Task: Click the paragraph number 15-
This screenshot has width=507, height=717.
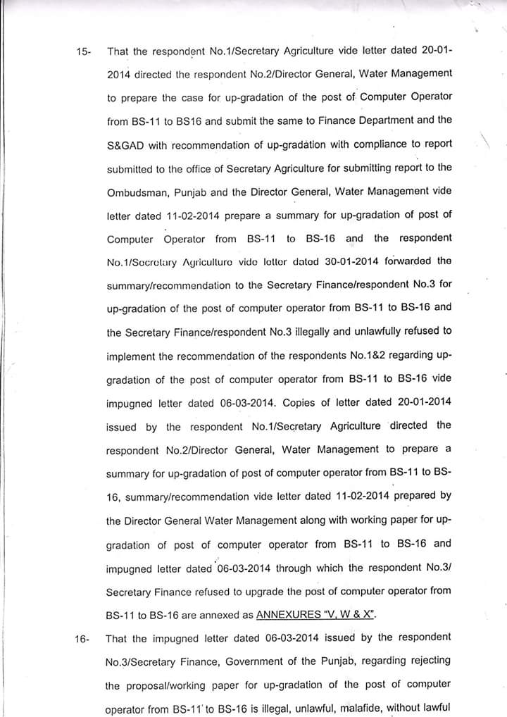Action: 84,51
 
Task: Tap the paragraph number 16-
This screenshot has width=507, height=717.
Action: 82,639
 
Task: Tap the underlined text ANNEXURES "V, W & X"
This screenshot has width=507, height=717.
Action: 316,614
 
